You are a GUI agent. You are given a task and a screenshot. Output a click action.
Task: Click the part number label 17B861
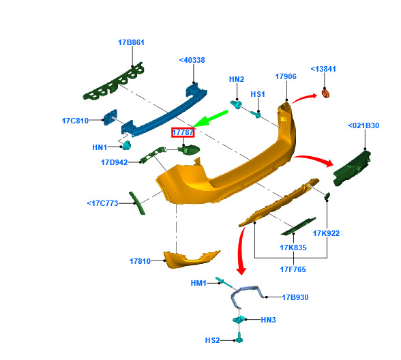[x=131, y=42]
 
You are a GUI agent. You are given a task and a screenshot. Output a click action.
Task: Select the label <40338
[x=192, y=60]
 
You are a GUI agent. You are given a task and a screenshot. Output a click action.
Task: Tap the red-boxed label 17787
[x=183, y=132]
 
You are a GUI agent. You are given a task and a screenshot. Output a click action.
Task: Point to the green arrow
[x=210, y=119]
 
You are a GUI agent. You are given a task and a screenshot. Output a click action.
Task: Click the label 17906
[x=286, y=76]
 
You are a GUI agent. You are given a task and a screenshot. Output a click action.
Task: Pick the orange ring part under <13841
[x=325, y=93]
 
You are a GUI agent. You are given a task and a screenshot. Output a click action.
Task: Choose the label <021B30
[x=363, y=125]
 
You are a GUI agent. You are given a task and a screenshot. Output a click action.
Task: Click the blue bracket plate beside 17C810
[x=110, y=117]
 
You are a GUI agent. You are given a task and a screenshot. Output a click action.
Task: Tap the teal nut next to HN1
[x=126, y=145]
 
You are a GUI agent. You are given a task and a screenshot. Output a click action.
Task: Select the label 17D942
[x=115, y=162]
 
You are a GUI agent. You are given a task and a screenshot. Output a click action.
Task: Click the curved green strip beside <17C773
[x=137, y=203]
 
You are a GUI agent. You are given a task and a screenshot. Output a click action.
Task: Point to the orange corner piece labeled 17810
[x=191, y=259]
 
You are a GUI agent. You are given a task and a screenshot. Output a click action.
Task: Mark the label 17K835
[x=293, y=247]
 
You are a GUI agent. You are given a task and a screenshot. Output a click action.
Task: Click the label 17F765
[x=293, y=269]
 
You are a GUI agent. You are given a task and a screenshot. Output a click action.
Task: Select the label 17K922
[x=326, y=233]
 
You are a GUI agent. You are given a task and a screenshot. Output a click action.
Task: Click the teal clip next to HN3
[x=239, y=319]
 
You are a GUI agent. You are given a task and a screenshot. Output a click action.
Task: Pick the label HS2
[x=212, y=340]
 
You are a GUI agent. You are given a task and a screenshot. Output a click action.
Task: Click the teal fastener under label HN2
[x=236, y=104]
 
